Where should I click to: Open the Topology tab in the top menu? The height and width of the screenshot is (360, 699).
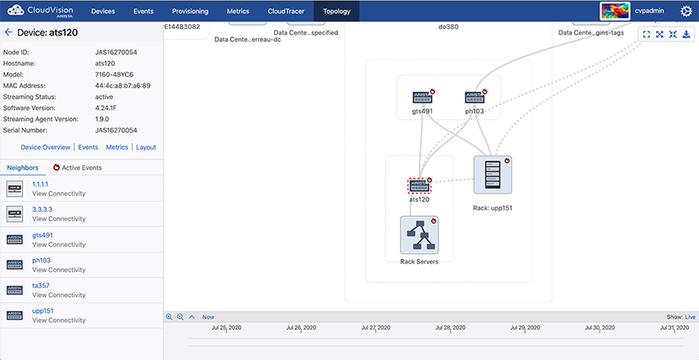[x=337, y=11]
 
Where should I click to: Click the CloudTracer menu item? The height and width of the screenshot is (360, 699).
[x=286, y=11]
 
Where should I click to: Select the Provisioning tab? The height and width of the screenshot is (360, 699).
[x=190, y=11]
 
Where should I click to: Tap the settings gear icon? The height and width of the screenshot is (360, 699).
[x=685, y=11]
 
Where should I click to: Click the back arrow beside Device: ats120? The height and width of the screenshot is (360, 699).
[x=8, y=32]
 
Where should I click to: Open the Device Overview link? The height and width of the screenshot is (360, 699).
[x=45, y=147]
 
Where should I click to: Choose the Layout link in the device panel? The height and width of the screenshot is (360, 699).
[x=146, y=147]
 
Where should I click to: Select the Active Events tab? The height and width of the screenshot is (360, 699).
[x=77, y=168]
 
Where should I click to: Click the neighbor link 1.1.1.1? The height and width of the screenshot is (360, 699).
[x=40, y=184]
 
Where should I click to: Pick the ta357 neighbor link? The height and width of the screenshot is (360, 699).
[x=40, y=286]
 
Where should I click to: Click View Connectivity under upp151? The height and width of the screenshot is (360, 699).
[x=59, y=320]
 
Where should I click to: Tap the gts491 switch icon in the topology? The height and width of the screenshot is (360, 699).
[x=422, y=97]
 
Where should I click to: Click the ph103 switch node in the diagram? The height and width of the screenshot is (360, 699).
[x=474, y=97]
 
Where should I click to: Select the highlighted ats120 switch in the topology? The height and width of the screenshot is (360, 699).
[x=420, y=185]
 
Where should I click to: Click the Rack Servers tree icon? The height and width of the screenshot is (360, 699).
[x=420, y=235]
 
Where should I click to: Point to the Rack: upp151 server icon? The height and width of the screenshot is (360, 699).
[x=493, y=175]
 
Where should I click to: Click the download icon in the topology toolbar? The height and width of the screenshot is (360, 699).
[x=687, y=34]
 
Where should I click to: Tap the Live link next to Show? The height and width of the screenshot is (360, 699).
[x=690, y=317]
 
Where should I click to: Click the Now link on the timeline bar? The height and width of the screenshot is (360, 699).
[x=208, y=317]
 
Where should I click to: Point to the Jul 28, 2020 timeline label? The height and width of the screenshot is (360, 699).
[x=451, y=328]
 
